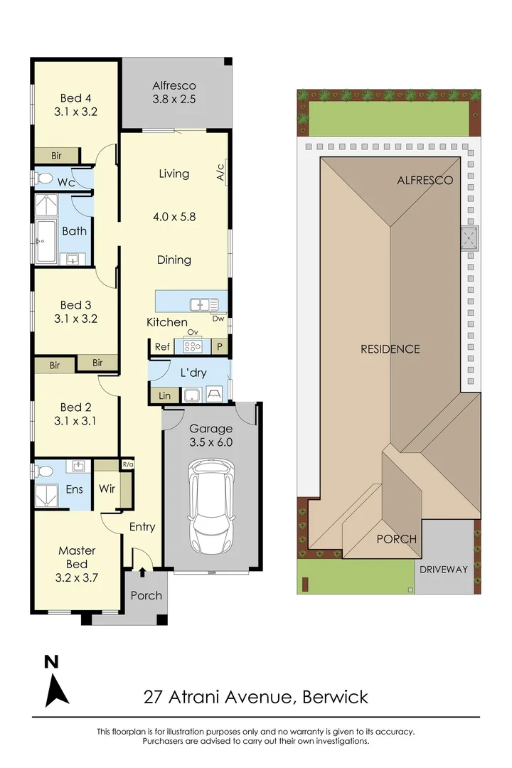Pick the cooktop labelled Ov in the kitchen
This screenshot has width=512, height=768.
[193, 346]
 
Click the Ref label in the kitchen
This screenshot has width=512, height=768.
[163, 347]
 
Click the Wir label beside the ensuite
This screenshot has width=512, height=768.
[107, 489]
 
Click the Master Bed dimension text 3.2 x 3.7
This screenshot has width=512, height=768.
[78, 577]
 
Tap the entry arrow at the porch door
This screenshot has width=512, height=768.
[142, 570]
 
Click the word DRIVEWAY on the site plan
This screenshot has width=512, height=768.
[444, 569]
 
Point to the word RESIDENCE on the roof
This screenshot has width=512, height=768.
[390, 349]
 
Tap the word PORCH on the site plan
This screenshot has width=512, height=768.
[397, 539]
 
